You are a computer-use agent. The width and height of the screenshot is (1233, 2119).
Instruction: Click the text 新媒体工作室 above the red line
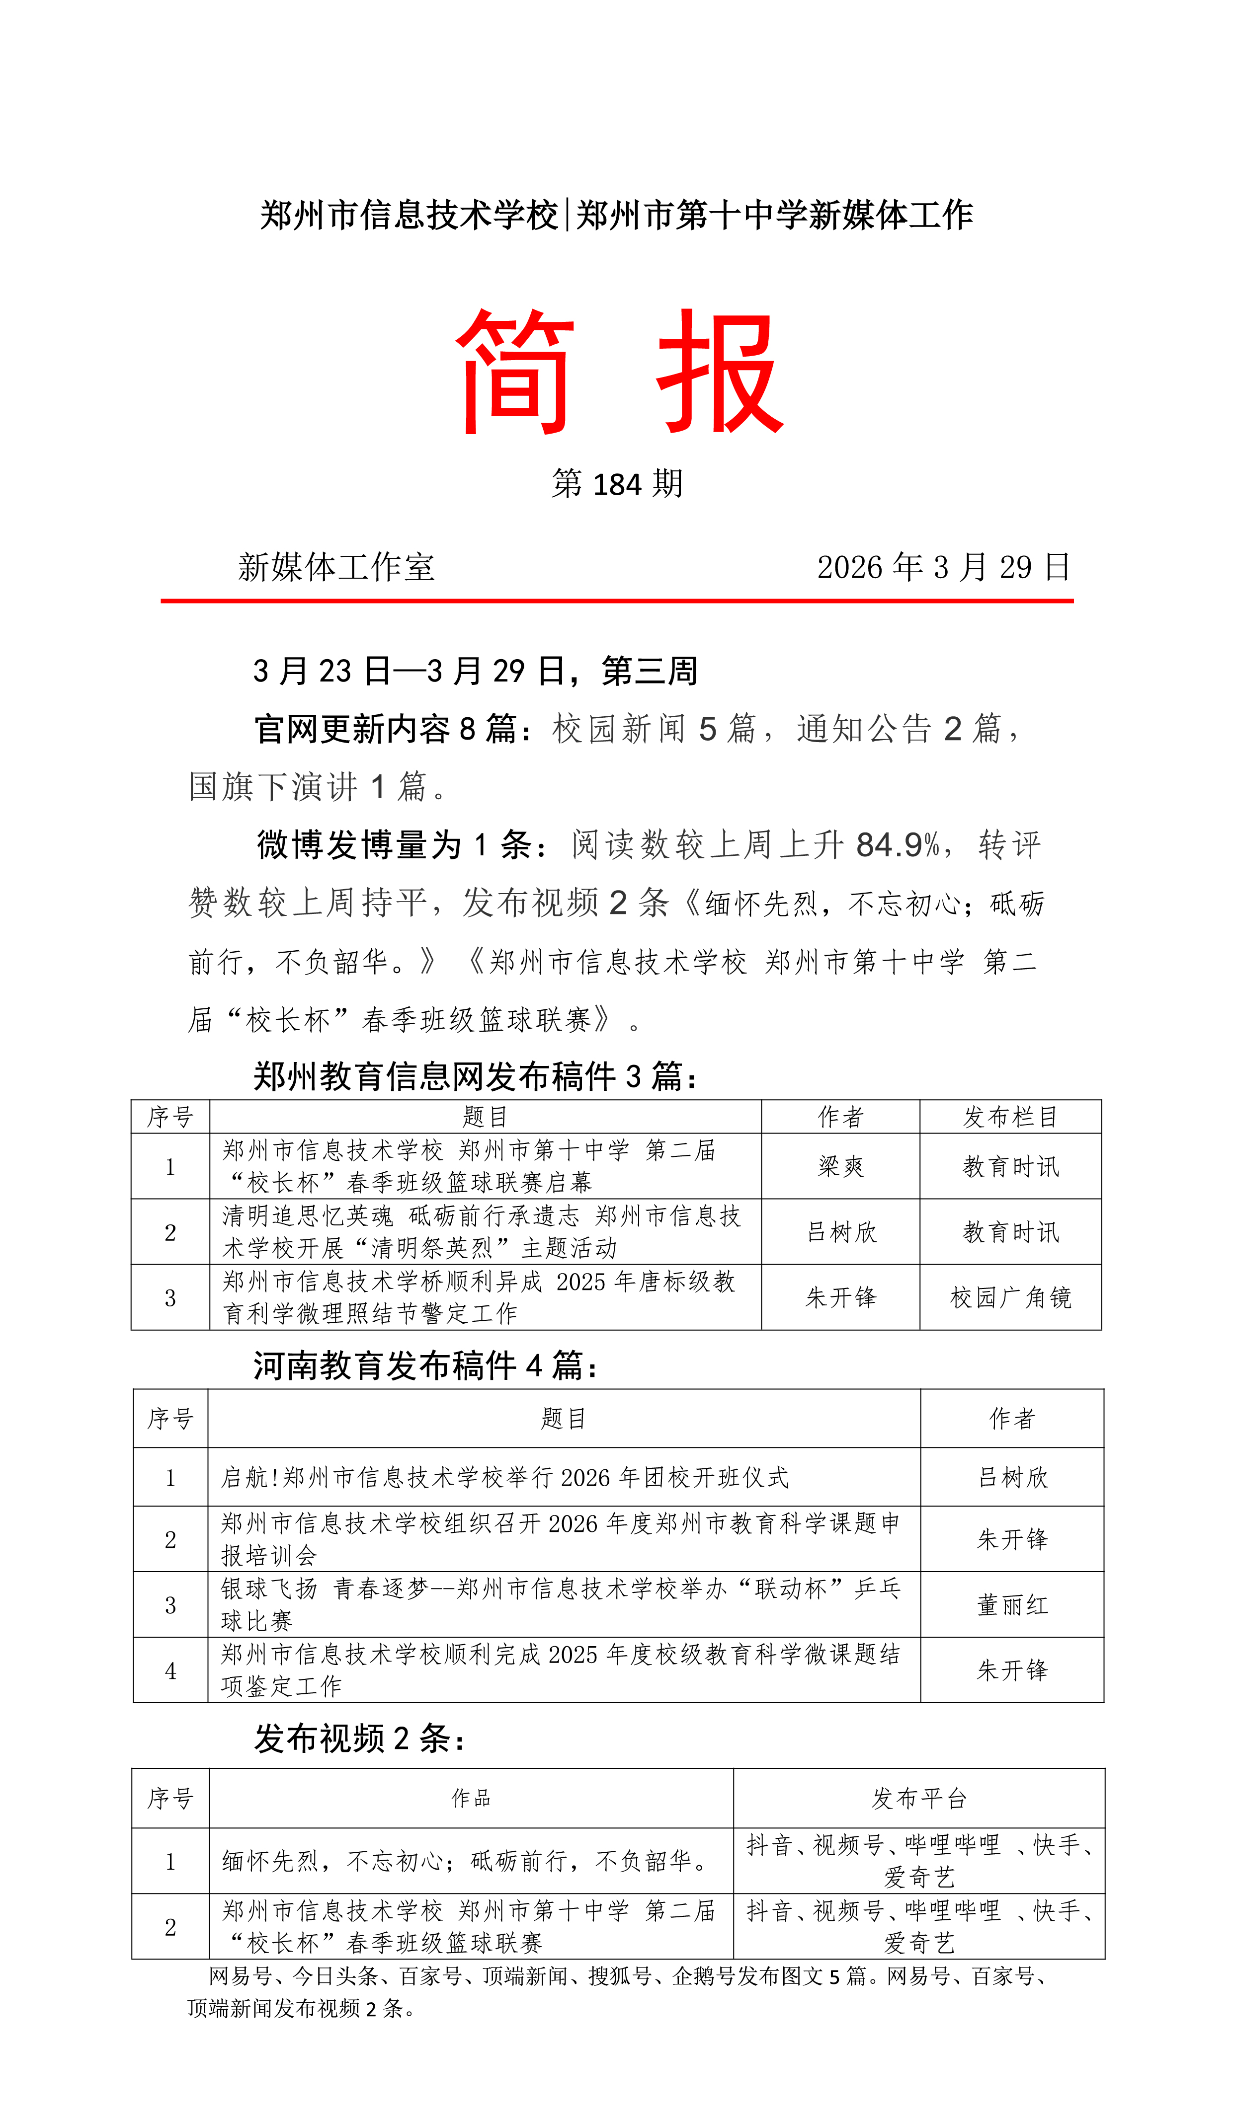[336, 568]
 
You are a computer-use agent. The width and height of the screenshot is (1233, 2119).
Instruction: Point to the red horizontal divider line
[616, 601]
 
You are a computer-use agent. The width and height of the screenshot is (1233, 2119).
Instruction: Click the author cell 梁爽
[840, 1166]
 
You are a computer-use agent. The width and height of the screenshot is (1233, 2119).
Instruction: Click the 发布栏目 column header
[1010, 1117]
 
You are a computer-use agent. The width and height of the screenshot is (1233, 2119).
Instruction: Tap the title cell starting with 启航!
[504, 1477]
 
